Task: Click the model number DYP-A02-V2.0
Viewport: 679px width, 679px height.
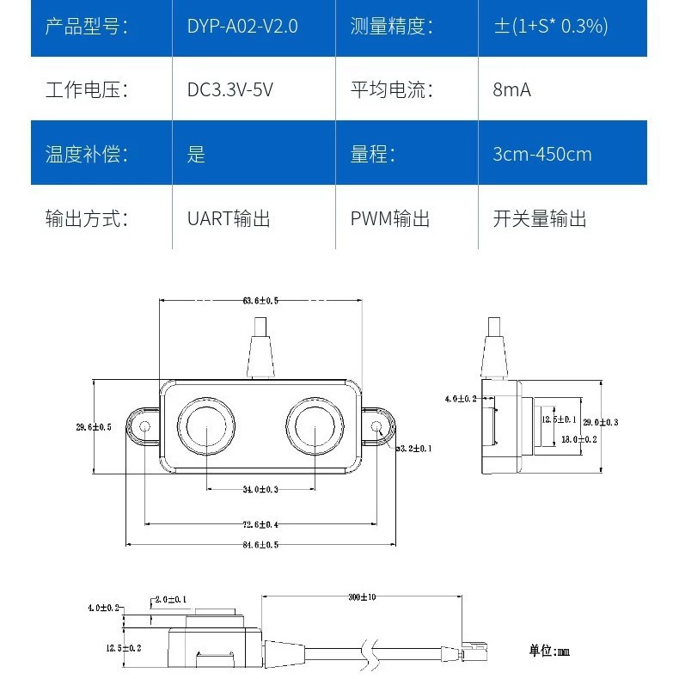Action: (x=242, y=26)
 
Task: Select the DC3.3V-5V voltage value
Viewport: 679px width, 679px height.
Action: (x=230, y=89)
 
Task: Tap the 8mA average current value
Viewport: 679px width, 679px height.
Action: (x=511, y=89)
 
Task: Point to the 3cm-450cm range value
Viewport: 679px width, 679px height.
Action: (x=542, y=154)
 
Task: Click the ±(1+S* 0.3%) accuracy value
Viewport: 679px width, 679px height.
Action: (x=551, y=26)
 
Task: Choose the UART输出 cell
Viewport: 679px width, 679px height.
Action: (x=229, y=218)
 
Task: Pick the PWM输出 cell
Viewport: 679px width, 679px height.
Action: (x=389, y=218)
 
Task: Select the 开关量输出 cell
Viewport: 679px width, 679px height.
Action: (x=540, y=218)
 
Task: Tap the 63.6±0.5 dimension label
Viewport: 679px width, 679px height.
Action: (x=260, y=301)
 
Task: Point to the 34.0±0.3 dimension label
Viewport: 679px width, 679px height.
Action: (x=260, y=489)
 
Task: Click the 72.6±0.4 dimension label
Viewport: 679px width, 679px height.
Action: (x=260, y=524)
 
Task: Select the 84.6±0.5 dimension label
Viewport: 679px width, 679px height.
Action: (x=260, y=545)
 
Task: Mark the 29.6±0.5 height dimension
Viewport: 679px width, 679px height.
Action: (x=94, y=427)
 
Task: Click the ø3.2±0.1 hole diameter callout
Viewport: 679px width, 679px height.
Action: (x=413, y=448)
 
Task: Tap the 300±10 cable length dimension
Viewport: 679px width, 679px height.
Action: (x=362, y=597)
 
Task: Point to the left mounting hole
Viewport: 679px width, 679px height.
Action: (x=145, y=426)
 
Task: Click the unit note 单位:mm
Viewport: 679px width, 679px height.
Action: (x=549, y=651)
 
